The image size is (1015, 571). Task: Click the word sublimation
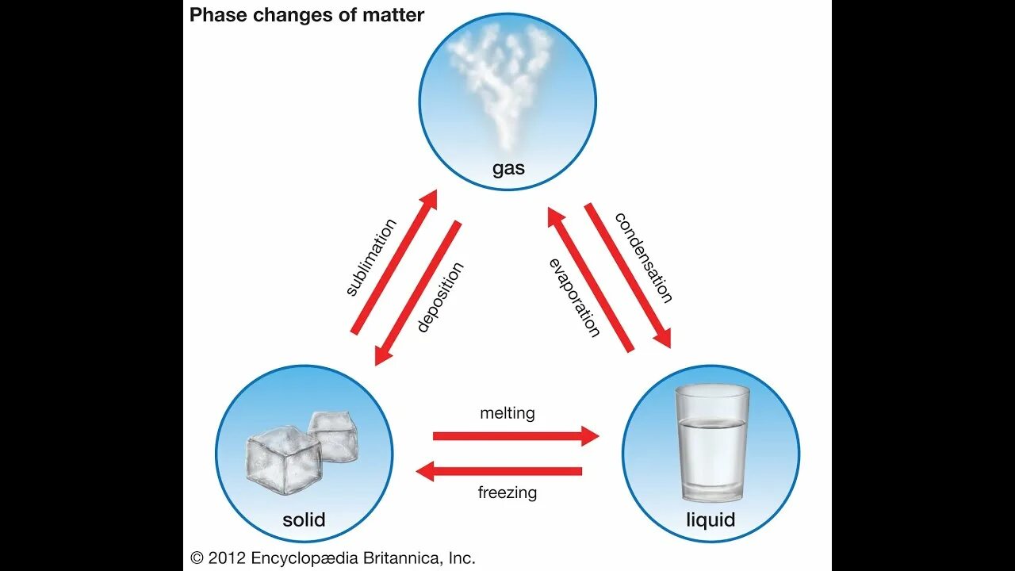(x=371, y=257)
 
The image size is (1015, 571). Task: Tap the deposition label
(x=440, y=297)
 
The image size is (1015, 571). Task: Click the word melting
(x=507, y=413)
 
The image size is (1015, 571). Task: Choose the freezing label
(x=507, y=492)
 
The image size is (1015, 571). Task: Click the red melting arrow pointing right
(x=515, y=435)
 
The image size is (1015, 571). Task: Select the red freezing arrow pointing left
(x=500, y=472)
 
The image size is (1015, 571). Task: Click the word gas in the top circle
(x=508, y=169)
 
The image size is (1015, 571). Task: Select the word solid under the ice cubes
(x=304, y=520)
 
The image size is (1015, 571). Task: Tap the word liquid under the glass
(x=710, y=520)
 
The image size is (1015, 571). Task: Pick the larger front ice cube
(x=283, y=459)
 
